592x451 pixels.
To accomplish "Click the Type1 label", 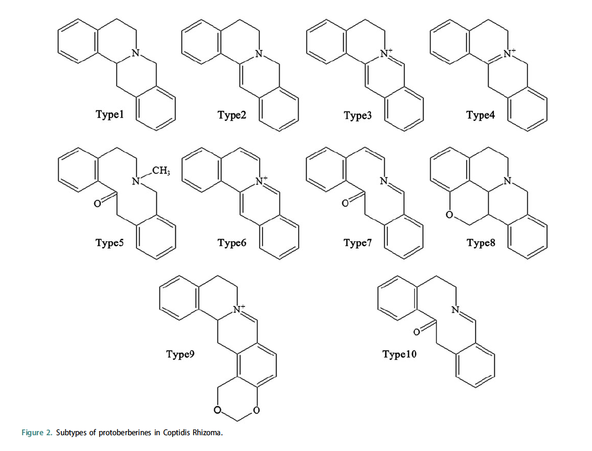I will coord(109,115).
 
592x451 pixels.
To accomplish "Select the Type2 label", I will coord(231,115).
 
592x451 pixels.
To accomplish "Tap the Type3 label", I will coord(357,115).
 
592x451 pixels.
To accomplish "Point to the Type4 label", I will coord(480,115).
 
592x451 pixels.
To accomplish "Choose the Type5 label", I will coord(109,242).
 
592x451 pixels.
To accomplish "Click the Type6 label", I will coord(231,242).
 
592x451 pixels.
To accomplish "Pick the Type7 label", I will coord(357,242).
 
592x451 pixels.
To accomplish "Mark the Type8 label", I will coord(480,242).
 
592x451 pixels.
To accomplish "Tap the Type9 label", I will coord(181,354).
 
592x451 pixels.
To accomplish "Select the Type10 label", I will coord(399,354).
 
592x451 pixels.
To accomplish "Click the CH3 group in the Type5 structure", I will coord(160,171).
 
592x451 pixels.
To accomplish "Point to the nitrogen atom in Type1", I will coord(136,53).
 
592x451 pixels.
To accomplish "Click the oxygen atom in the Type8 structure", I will coord(449,214).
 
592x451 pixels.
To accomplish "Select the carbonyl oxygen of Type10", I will coord(417,332).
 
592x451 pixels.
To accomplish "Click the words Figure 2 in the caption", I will coord(36,433).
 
